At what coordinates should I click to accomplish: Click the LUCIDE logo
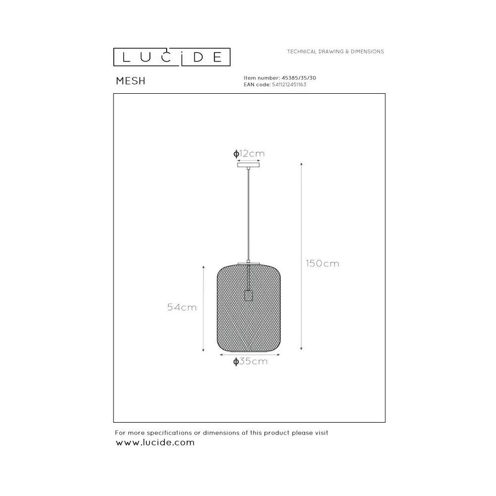click(172, 57)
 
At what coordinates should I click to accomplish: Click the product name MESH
click(130, 81)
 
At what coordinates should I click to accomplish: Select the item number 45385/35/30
click(299, 78)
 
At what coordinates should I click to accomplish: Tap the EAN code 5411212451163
click(289, 84)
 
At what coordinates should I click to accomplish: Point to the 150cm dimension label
click(322, 263)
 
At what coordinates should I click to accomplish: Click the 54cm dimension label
click(182, 307)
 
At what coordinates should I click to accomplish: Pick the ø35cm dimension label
click(250, 361)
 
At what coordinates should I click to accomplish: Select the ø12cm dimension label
click(249, 154)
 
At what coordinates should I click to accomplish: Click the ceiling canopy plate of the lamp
click(248, 165)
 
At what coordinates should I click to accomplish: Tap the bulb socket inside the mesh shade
click(248, 296)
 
